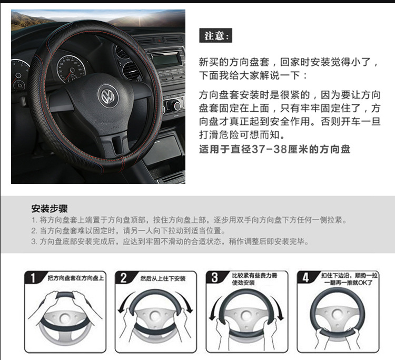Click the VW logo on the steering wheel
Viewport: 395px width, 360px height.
click(x=108, y=96)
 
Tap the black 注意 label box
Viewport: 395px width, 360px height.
click(x=215, y=35)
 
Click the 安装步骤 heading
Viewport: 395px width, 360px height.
click(x=50, y=209)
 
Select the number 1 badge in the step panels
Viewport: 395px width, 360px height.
click(x=33, y=278)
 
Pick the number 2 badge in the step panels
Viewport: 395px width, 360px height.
click(x=123, y=278)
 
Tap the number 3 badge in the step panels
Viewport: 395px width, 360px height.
click(x=214, y=277)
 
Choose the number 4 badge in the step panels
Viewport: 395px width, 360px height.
click(x=305, y=277)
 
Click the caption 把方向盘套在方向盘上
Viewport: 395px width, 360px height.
click(x=76, y=278)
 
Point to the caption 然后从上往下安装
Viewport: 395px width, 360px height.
click(x=163, y=278)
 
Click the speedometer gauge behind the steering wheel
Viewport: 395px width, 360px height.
click(x=71, y=68)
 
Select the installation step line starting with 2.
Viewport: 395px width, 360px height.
click(x=129, y=230)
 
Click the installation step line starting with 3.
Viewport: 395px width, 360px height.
click(x=170, y=241)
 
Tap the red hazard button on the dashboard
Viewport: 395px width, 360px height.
click(x=159, y=40)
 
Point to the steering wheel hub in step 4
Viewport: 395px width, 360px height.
click(x=337, y=314)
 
